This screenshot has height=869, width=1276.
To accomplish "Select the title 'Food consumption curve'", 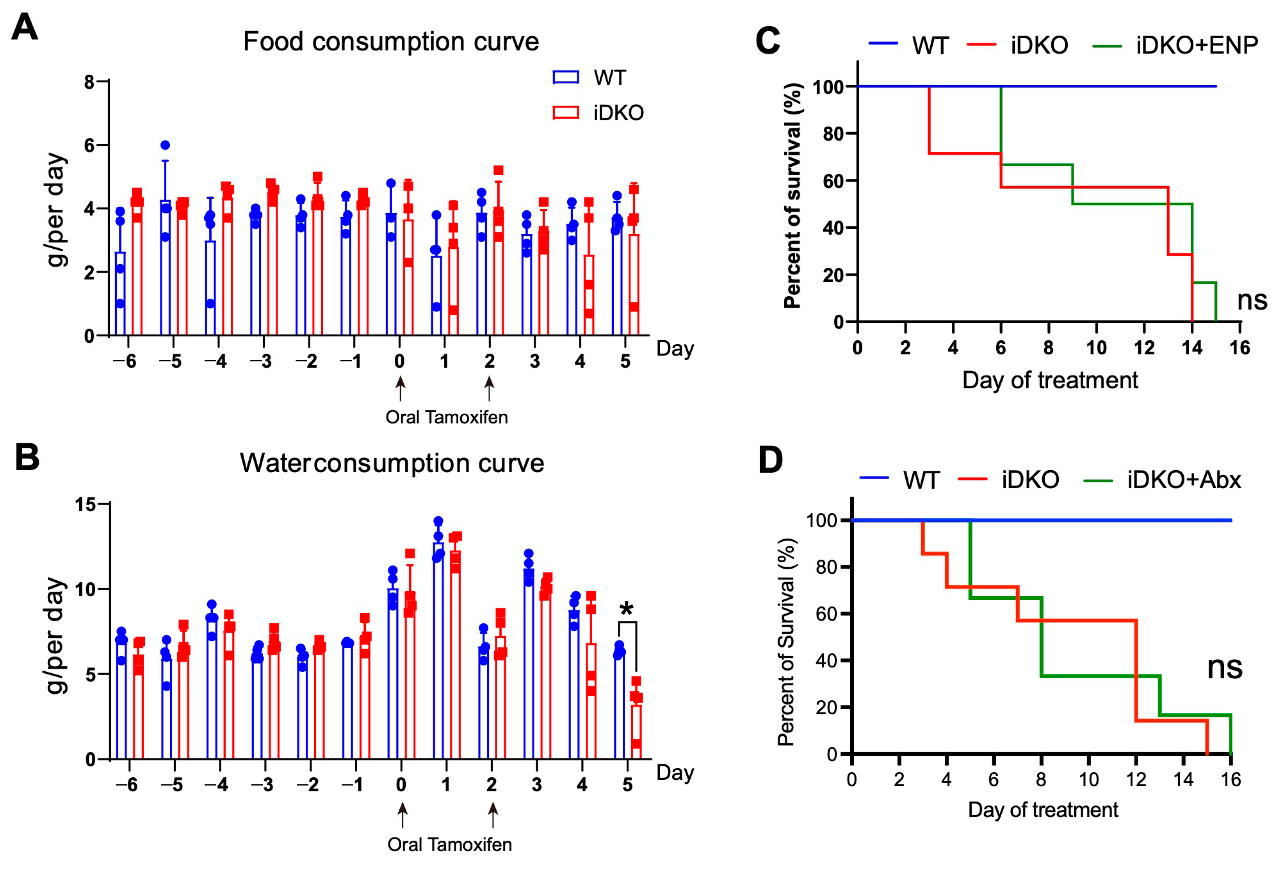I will [x=391, y=42].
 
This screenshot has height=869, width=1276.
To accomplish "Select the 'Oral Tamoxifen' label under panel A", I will [x=446, y=417].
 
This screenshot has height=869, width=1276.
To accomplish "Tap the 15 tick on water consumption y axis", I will [x=85, y=504].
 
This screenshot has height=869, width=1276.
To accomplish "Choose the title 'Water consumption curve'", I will [x=392, y=463].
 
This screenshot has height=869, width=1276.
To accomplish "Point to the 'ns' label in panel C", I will [x=1252, y=300].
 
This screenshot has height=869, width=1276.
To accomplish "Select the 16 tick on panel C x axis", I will [x=1240, y=347].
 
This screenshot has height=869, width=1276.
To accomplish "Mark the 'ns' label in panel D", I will [x=1224, y=667].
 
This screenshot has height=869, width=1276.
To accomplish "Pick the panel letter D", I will [x=770, y=459].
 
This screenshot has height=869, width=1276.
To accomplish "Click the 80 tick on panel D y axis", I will [x=826, y=567].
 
